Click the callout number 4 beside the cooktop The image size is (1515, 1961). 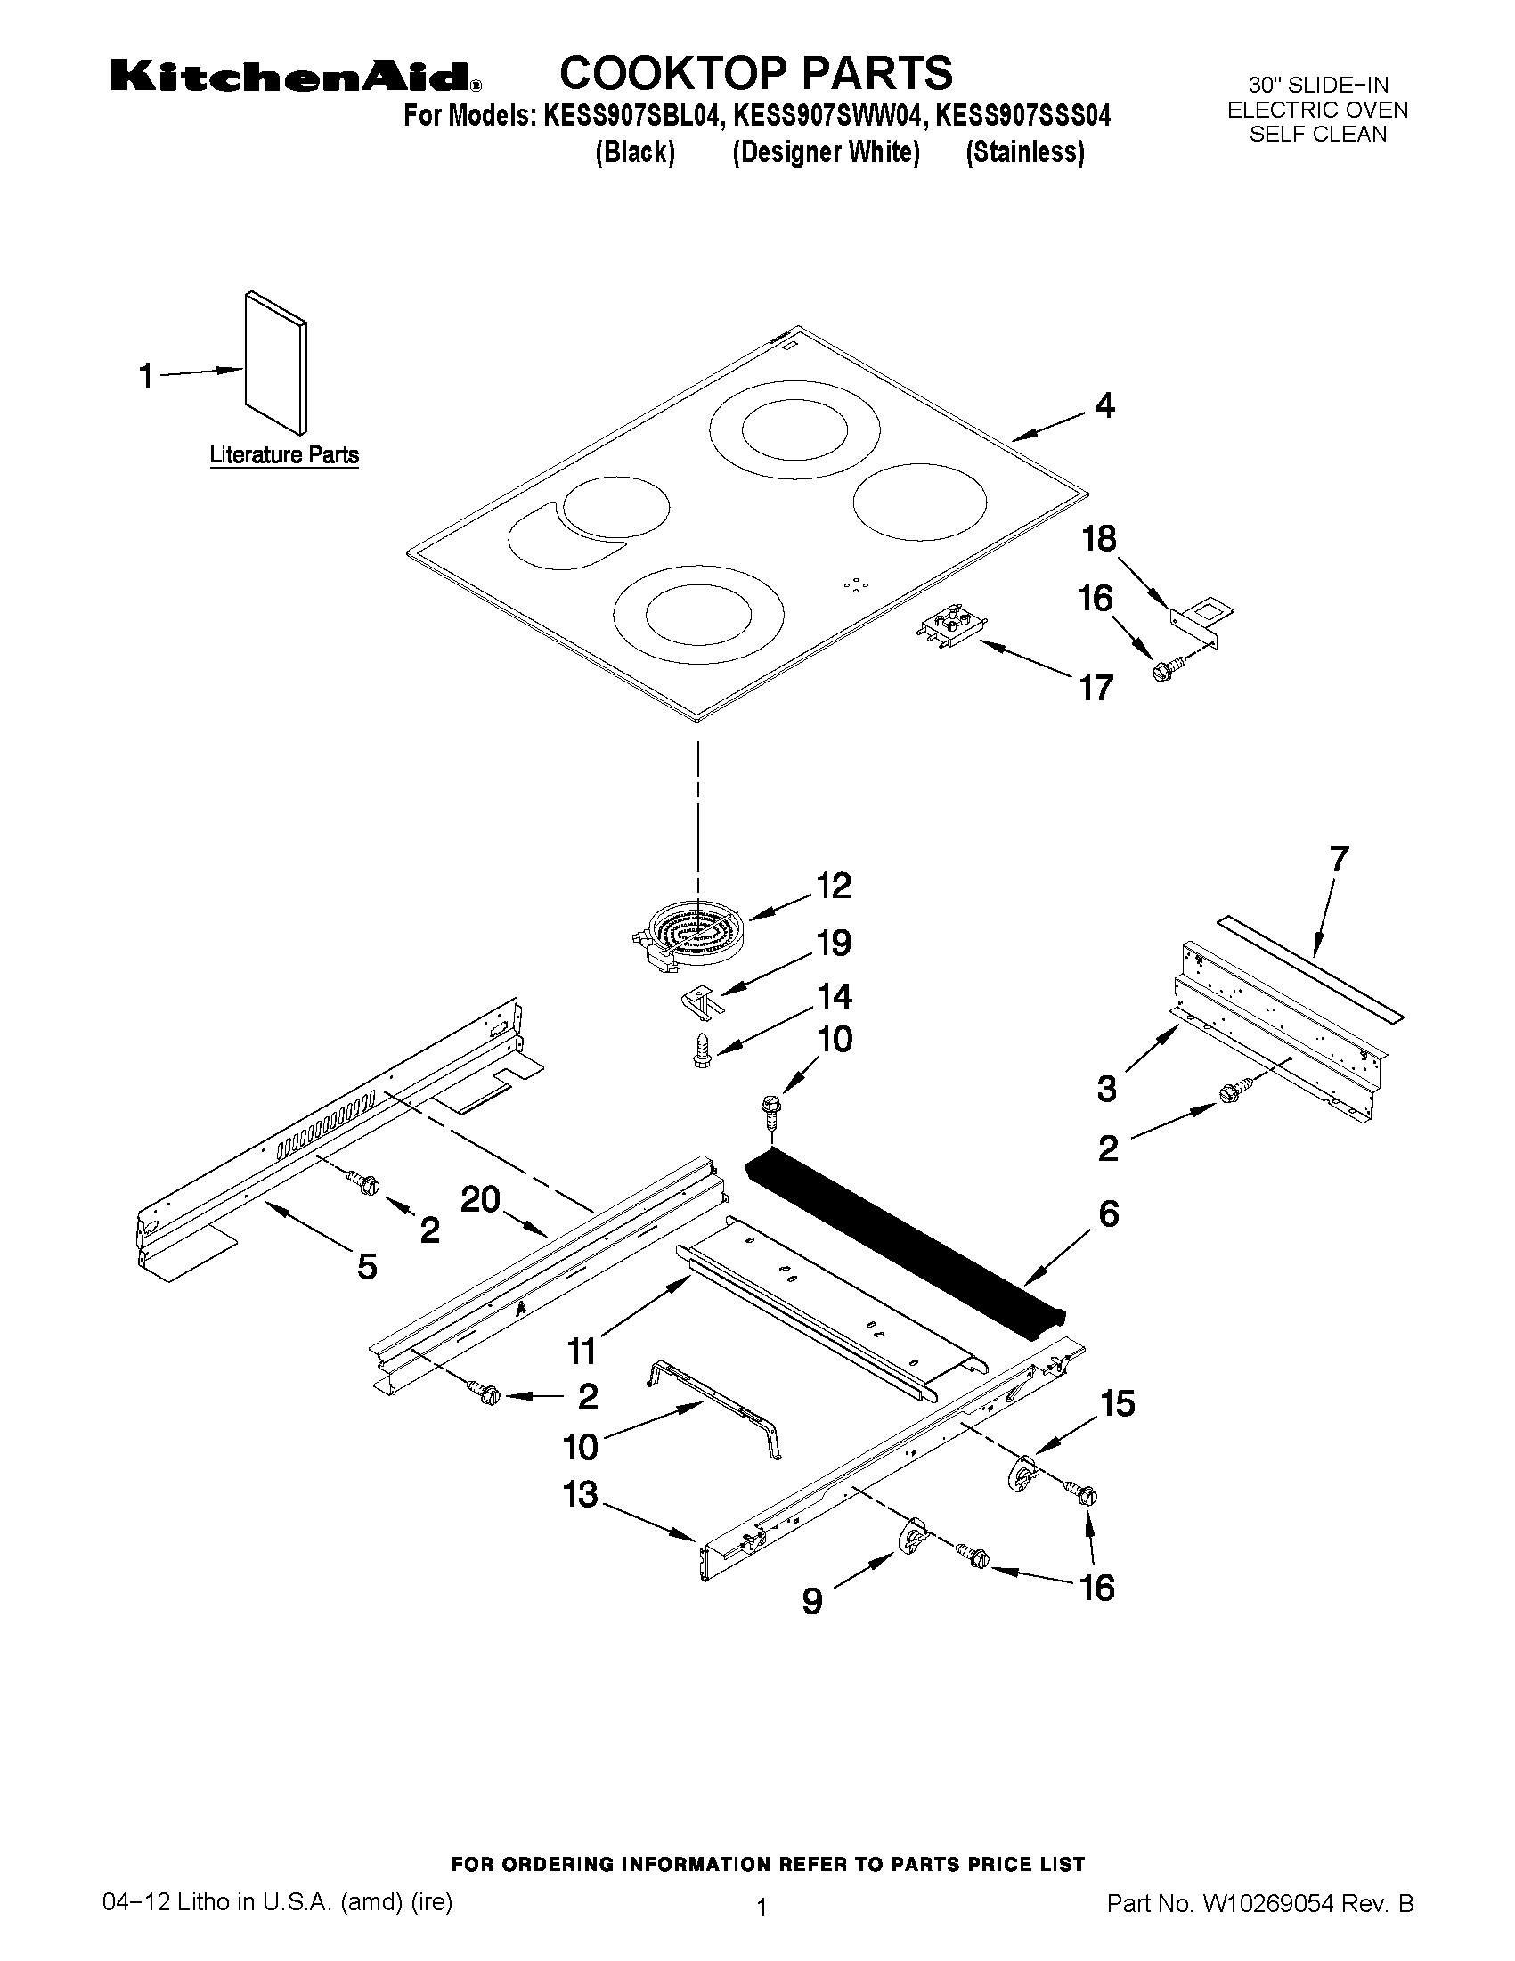pos(1104,406)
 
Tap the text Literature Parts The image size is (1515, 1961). pos(283,455)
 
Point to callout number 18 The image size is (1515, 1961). pos(1098,539)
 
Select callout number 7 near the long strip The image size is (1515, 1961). pos(1338,859)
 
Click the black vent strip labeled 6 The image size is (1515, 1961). pos(907,1240)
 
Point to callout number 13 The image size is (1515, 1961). pos(580,1495)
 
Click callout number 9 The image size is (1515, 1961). pos(811,1601)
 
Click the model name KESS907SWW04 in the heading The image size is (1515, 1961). pos(827,117)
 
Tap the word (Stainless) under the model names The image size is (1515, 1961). pos(1025,153)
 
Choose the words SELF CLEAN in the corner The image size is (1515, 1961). pos(1317,135)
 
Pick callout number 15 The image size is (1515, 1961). pos(1118,1402)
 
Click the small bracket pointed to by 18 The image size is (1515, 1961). pos(1201,620)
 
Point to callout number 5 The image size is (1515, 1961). pos(366,1267)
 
